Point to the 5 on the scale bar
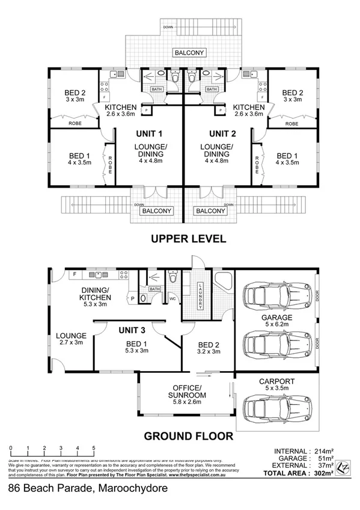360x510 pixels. pos(94,449)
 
